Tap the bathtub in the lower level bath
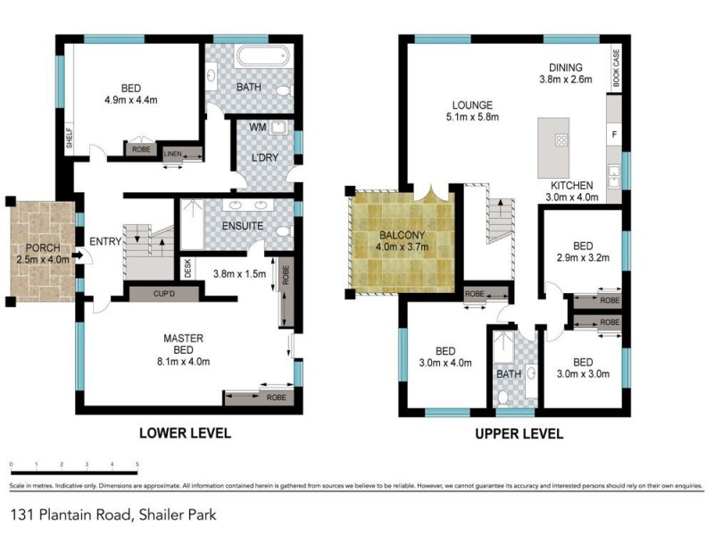click(262, 59)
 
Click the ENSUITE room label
click(242, 226)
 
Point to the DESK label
click(187, 267)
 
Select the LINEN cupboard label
click(173, 155)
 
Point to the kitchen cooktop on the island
click(561, 139)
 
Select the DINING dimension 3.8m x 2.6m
click(566, 79)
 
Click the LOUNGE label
click(472, 105)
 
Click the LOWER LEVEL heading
click(185, 433)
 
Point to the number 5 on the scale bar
click(137, 465)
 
